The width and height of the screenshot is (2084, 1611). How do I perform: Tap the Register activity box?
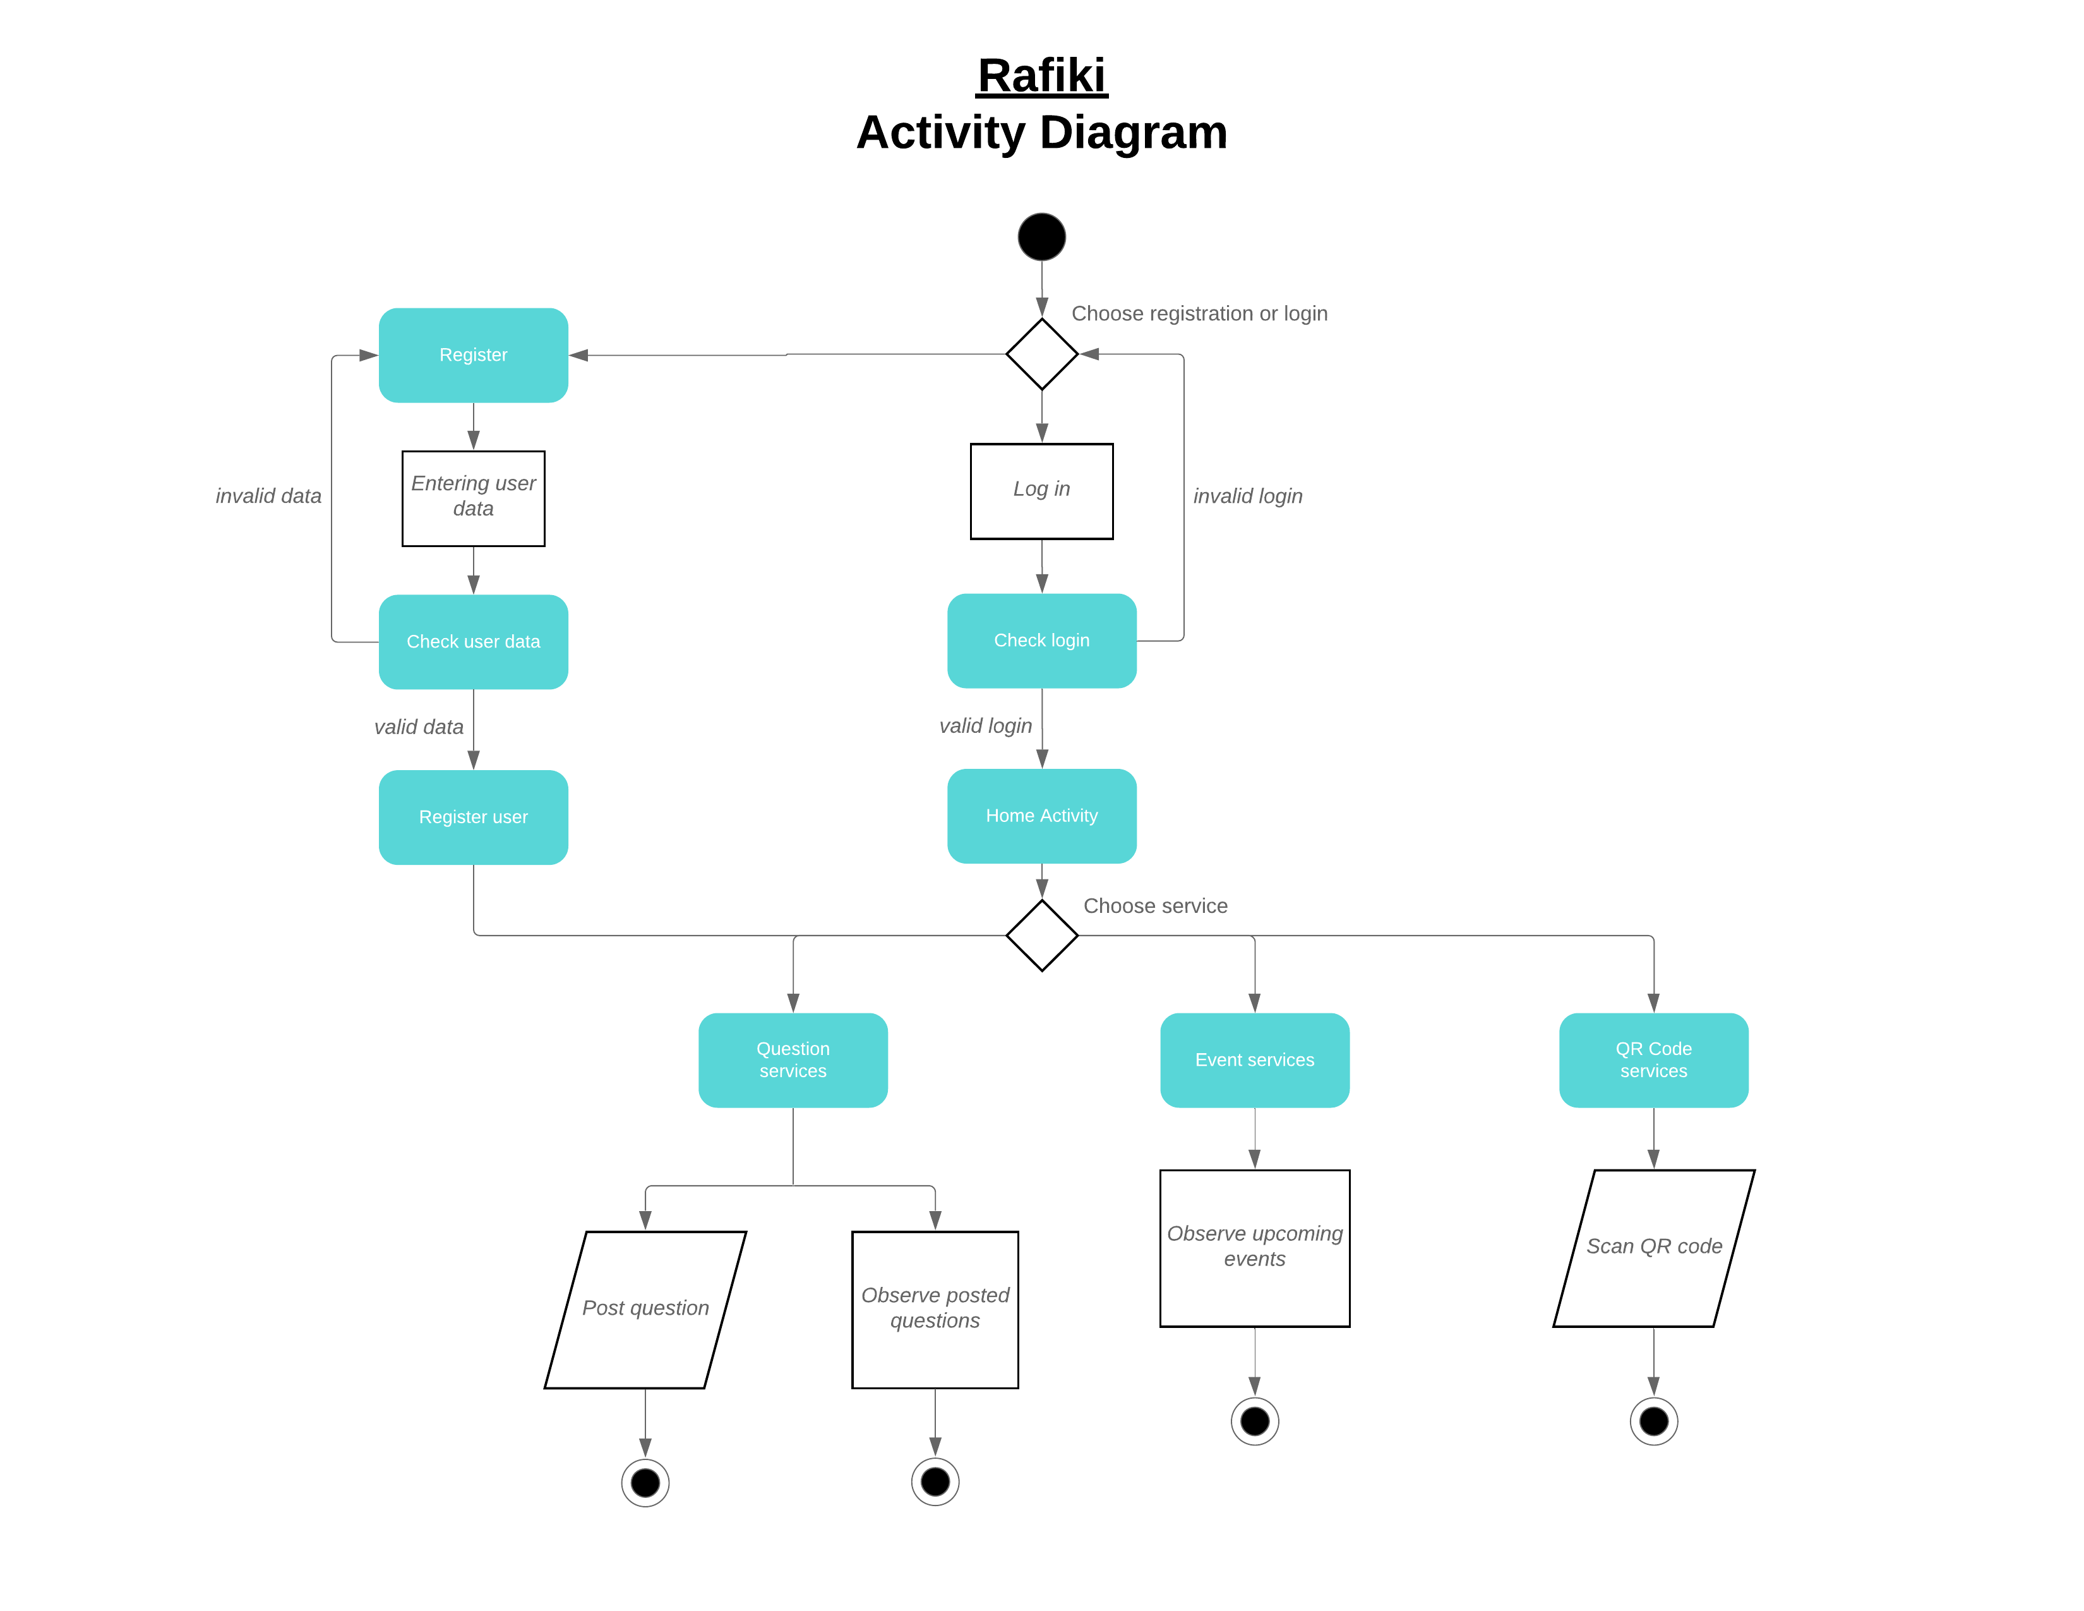coord(473,355)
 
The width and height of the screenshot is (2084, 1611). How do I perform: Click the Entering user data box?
coord(473,498)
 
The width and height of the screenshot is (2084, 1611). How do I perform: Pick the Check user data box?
coord(473,641)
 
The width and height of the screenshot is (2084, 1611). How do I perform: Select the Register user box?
coord(473,817)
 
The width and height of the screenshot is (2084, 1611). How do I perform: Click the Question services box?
coord(793,1059)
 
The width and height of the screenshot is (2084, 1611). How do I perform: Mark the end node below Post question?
coord(645,1482)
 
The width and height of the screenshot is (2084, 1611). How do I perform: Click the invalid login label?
coord(1247,497)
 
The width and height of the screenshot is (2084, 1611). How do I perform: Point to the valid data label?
coord(418,727)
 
